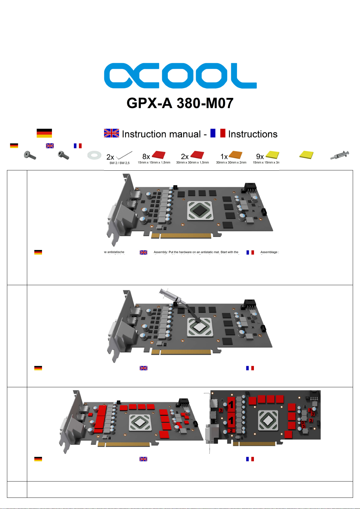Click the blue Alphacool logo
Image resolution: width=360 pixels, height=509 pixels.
point(180,76)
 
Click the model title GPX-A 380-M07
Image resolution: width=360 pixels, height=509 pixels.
point(180,103)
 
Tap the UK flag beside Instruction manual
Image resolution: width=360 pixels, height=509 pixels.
point(111,133)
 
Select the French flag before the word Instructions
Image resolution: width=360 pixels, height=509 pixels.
point(218,133)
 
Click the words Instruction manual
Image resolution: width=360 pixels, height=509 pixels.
point(161,134)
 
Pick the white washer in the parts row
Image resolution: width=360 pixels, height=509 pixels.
point(94,155)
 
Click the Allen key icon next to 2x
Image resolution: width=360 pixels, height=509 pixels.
point(124,155)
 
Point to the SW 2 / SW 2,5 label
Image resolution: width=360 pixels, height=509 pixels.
point(119,163)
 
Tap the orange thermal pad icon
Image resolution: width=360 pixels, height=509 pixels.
point(235,155)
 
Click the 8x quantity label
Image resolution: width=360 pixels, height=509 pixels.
point(146,156)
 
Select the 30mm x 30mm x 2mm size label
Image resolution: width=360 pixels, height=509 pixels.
point(231,163)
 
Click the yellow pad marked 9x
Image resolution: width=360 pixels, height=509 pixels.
point(272,155)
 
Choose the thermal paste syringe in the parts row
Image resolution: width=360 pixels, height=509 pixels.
point(340,155)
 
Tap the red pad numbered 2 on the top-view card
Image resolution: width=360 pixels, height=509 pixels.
point(231,430)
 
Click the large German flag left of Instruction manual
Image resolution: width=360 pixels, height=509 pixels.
point(44,133)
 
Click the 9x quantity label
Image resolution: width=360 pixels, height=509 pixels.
point(260,156)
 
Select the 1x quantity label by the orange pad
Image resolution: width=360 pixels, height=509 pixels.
point(224,156)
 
